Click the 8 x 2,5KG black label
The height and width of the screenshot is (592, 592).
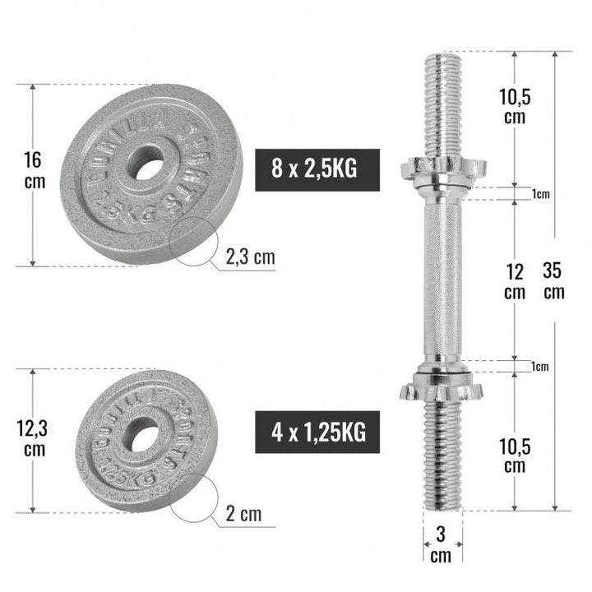pos(317,170)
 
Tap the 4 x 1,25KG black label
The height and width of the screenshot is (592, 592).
pos(317,430)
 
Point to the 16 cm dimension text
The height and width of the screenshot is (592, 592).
pos(33,170)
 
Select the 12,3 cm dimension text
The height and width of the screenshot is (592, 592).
pos(34,437)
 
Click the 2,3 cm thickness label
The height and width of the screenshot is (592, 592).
pos(251,258)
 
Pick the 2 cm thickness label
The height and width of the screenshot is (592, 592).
pos(243,516)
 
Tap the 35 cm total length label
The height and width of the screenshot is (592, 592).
pos(555,280)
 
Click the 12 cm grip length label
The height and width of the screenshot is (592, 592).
pos(514,280)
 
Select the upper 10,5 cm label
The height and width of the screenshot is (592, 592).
pos(515,106)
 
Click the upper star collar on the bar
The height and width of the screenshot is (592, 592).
pos(442,169)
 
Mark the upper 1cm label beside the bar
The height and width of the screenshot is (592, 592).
pos(539,194)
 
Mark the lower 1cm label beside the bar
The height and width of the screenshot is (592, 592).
pos(539,367)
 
